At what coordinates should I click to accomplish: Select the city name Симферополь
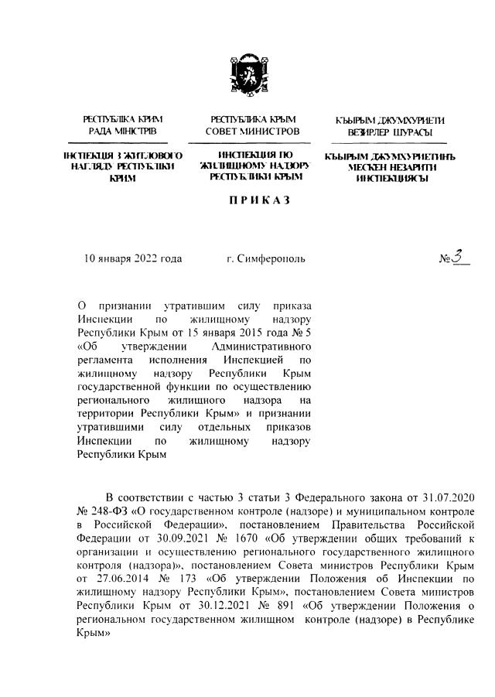pyautogui.click(x=271, y=258)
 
